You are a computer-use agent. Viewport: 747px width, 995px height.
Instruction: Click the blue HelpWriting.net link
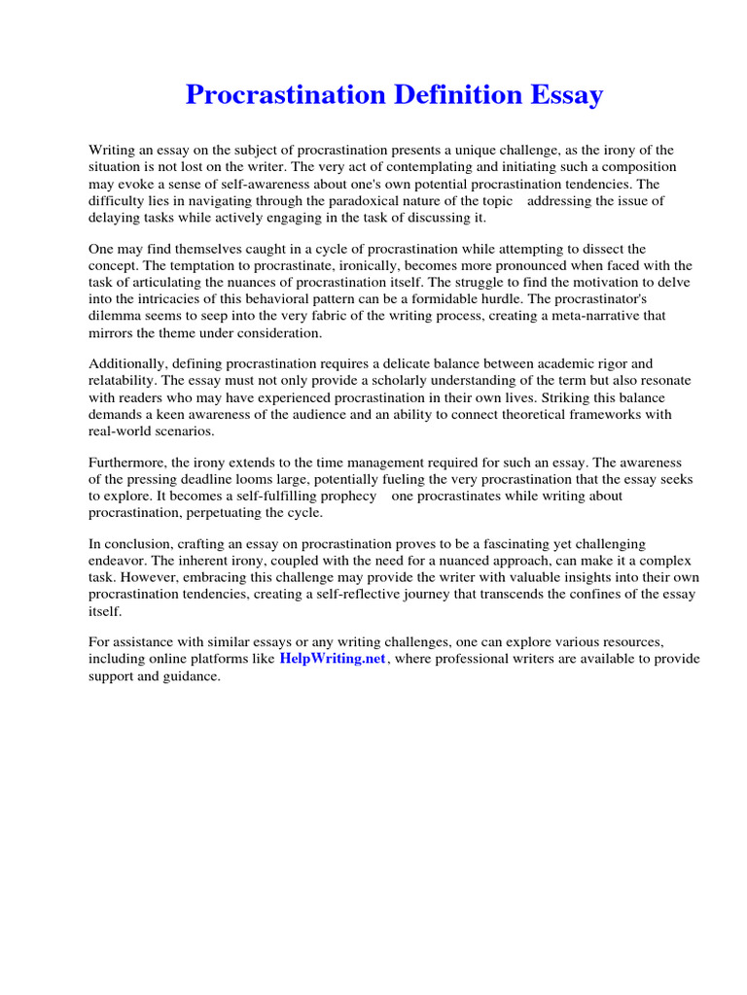coord(333,659)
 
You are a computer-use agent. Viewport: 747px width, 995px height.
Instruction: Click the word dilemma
coord(116,316)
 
